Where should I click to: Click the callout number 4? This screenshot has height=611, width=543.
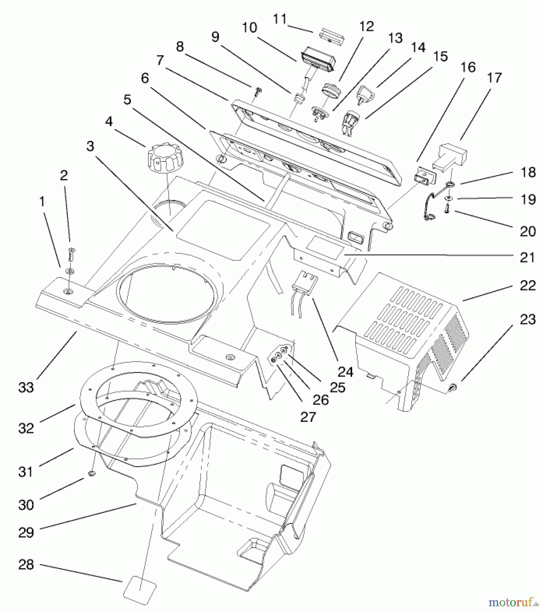pyautogui.click(x=109, y=122)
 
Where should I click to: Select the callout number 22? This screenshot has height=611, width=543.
pyautogui.click(x=527, y=285)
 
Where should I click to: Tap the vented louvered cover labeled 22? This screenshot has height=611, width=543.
pyautogui.click(x=408, y=326)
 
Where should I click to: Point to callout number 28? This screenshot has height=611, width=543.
pyautogui.click(x=26, y=564)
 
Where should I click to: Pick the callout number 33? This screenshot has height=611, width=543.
pyautogui.click(x=26, y=387)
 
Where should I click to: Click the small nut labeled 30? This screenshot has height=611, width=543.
pyautogui.click(x=91, y=474)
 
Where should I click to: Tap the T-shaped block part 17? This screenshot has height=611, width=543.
pyautogui.click(x=450, y=156)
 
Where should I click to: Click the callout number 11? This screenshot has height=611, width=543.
pyautogui.click(x=280, y=19)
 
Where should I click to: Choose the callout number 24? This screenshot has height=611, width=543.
pyautogui.click(x=345, y=372)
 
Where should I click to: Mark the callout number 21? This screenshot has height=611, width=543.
pyautogui.click(x=527, y=258)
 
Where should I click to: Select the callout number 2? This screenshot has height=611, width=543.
pyautogui.click(x=64, y=175)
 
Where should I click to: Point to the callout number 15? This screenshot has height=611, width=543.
pyautogui.click(x=440, y=56)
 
